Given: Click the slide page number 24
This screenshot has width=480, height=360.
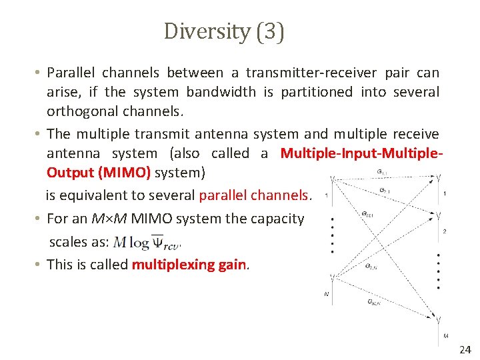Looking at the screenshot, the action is tap(465, 350).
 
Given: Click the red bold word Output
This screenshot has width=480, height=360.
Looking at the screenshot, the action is tap(70, 173).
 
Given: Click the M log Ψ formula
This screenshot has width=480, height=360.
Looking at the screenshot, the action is tap(147, 242).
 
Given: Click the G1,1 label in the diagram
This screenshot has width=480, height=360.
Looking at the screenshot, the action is tap(381, 171).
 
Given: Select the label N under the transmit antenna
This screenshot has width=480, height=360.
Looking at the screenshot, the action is tap(327, 293).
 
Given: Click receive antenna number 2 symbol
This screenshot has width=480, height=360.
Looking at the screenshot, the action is tap(437, 215).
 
